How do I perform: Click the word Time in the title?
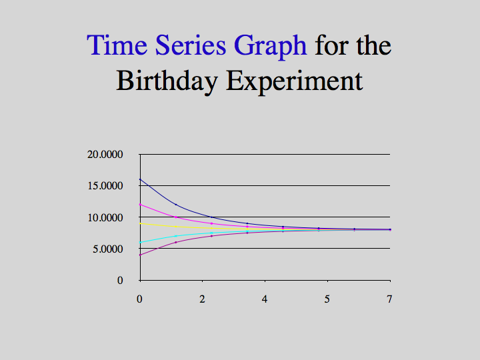point(117,45)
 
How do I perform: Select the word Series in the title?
point(191,45)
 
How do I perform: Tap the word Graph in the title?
point(270,47)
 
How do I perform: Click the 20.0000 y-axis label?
point(105,154)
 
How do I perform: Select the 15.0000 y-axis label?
point(105,185)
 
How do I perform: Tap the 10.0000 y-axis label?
point(105,217)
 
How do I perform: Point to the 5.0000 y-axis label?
point(108,249)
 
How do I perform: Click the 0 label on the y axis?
point(120,280)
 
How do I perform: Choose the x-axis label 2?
point(202,299)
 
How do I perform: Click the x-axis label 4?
point(265,299)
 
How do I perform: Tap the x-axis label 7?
point(389,299)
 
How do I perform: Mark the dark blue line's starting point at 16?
point(140,179)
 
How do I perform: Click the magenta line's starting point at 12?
point(140,205)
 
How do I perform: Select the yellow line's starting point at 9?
point(140,223)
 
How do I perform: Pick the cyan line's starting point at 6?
point(140,242)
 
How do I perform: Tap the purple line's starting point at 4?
point(140,255)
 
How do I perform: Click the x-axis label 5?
point(327,299)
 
